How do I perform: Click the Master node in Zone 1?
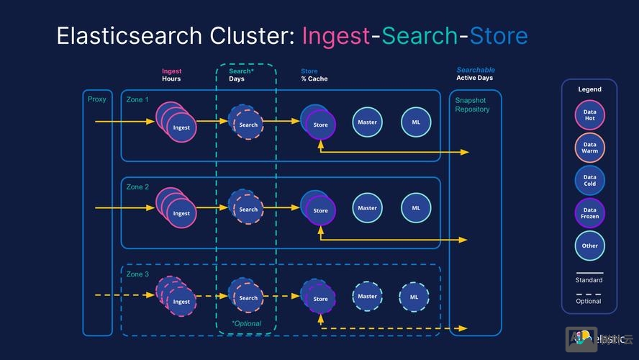tap(367, 122)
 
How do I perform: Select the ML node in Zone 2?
tap(416, 208)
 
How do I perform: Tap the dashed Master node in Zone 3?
tap(367, 296)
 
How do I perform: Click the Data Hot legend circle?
tap(589, 115)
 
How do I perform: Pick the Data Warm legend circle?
tap(589, 148)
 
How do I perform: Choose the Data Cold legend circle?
tap(589, 180)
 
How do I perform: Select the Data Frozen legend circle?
tap(589, 212)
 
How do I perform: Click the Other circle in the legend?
tap(589, 246)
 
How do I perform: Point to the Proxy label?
tap(96, 99)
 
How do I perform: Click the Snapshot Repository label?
tap(472, 104)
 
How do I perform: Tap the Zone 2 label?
tap(137, 187)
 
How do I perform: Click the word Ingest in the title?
tap(335, 36)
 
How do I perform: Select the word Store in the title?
tap(499, 36)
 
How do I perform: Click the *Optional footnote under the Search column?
tap(247, 323)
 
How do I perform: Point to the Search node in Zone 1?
tap(248, 125)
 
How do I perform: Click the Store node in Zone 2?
tap(320, 210)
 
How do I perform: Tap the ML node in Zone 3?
tap(414, 297)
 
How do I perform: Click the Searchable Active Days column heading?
tap(475, 74)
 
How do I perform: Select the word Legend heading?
tap(589, 89)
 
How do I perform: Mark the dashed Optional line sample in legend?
tap(589, 294)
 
